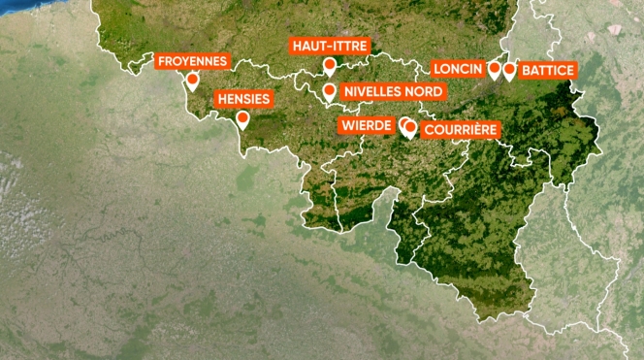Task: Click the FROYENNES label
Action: click(192, 61)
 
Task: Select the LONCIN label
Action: click(458, 69)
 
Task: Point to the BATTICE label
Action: click(548, 70)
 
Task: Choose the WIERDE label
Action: click(366, 125)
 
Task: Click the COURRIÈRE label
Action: click(461, 129)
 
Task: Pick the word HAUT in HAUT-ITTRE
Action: click(308, 46)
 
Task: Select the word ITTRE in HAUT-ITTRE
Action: click(348, 46)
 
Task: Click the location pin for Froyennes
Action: click(192, 82)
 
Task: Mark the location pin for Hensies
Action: click(242, 119)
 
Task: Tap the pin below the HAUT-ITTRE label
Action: click(330, 66)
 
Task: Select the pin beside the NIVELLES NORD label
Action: click(330, 92)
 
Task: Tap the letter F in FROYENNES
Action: click(162, 61)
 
